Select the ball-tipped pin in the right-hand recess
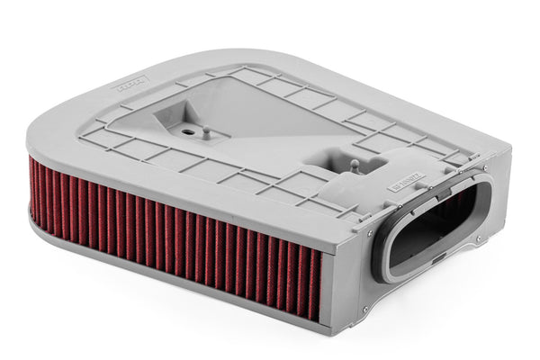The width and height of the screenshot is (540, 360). [x=354, y=165]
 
